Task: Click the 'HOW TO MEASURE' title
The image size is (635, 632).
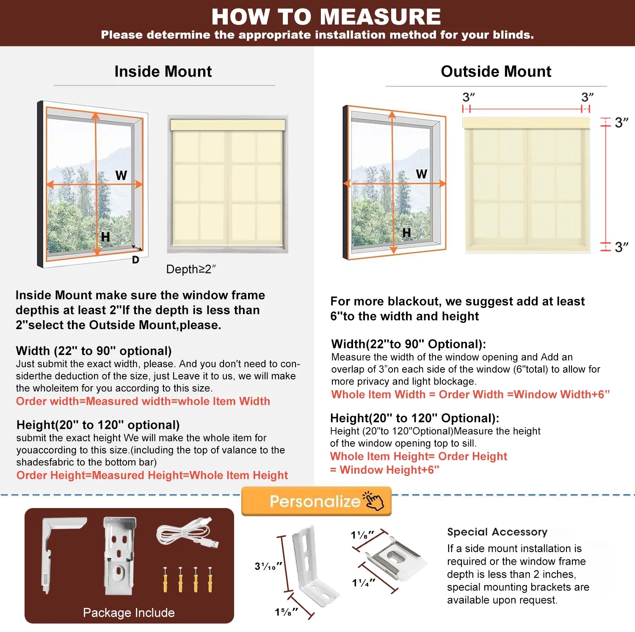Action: [x=326, y=17]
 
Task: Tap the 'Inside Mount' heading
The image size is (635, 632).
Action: [x=163, y=71]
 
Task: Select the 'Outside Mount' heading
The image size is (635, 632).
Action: [x=496, y=71]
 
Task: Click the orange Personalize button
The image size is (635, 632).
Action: [x=316, y=501]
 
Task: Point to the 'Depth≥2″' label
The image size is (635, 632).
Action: [x=191, y=269]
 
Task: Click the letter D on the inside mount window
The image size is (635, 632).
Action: [x=135, y=260]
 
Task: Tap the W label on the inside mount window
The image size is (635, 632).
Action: [x=121, y=175]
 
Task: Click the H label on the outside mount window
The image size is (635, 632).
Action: [x=406, y=233]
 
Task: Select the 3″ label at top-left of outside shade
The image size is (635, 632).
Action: [x=468, y=97]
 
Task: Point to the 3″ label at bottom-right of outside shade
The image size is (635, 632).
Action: [x=621, y=247]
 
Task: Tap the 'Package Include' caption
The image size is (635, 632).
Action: [x=129, y=613]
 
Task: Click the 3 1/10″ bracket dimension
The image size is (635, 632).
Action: [x=268, y=566]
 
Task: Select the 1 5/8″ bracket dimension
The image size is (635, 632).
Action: [x=286, y=612]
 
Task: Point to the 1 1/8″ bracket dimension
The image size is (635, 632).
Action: [x=362, y=535]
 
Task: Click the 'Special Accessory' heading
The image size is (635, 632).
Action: [x=497, y=532]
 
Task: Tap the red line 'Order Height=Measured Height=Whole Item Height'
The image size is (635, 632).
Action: [x=152, y=475]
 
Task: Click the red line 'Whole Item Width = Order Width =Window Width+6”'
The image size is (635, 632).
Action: [x=470, y=394]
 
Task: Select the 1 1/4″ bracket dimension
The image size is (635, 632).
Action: [x=363, y=583]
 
